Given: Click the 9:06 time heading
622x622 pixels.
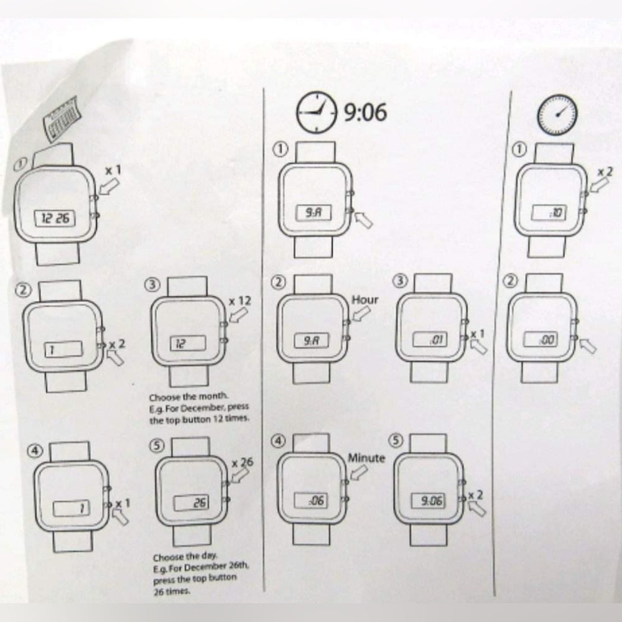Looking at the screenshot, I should [366, 113].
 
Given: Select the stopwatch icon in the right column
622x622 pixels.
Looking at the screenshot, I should [558, 114].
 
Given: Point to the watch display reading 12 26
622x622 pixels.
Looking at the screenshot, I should [55, 218].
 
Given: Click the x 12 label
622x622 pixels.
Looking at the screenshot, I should [239, 300].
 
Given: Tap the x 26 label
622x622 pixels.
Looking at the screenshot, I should [243, 463].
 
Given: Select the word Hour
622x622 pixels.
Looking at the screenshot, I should [365, 299].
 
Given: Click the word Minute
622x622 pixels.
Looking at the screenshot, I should [366, 458].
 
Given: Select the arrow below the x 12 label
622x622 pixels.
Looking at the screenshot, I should [237, 316].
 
